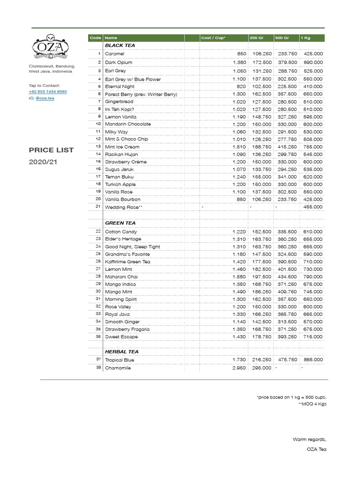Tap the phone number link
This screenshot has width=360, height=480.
tap(48, 92)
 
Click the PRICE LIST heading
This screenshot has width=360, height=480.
tap(51, 150)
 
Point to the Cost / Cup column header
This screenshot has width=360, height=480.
tap(213, 37)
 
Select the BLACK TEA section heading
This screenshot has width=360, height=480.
tap(120, 45)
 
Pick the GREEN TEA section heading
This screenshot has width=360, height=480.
tap(120, 223)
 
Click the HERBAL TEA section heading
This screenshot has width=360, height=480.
tap(121, 352)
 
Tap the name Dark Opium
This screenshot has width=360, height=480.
tap(119, 62)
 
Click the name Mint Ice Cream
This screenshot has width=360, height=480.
tap(122, 147)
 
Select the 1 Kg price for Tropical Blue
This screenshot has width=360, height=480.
tap(313, 360)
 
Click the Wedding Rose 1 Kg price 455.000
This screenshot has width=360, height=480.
tap(313, 207)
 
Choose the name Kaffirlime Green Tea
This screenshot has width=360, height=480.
tap(127, 262)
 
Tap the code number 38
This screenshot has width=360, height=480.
tap(98, 368)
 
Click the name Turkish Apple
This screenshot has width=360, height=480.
tap(120, 184)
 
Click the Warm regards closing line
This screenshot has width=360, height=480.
tap(309, 439)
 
